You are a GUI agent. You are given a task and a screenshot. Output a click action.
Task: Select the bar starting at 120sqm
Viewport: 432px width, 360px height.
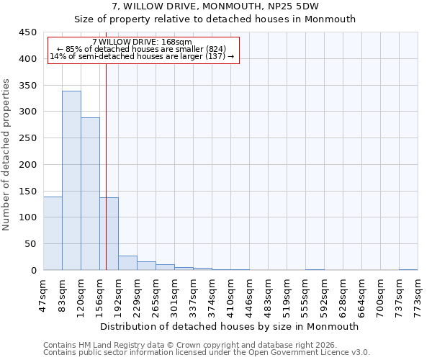(90, 194)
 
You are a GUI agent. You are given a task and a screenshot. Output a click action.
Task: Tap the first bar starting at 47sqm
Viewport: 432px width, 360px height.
(53, 233)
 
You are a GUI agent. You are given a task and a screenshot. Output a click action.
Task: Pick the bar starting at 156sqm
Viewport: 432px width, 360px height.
(109, 233)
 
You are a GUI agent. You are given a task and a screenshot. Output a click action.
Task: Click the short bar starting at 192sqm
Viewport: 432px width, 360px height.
(127, 263)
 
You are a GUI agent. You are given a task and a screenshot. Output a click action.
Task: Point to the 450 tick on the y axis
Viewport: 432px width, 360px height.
(28, 32)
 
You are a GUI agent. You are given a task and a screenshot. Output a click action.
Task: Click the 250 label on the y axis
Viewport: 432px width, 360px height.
(28, 138)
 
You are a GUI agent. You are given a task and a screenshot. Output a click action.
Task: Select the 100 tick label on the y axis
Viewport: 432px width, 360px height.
(28, 217)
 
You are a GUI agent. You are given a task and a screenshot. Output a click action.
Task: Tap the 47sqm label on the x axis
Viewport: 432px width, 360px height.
(43, 293)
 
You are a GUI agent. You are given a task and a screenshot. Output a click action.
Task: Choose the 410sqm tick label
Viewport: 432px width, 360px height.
(230, 293)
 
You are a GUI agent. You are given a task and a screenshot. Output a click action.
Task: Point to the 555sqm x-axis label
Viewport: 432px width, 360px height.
(305, 293)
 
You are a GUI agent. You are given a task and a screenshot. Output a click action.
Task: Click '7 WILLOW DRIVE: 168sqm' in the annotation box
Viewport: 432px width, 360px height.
(142, 42)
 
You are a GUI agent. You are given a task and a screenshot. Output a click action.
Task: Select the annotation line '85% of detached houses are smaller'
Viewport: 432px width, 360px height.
(142, 49)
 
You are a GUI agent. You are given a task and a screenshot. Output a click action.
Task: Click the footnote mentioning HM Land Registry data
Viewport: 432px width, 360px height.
(190, 345)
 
